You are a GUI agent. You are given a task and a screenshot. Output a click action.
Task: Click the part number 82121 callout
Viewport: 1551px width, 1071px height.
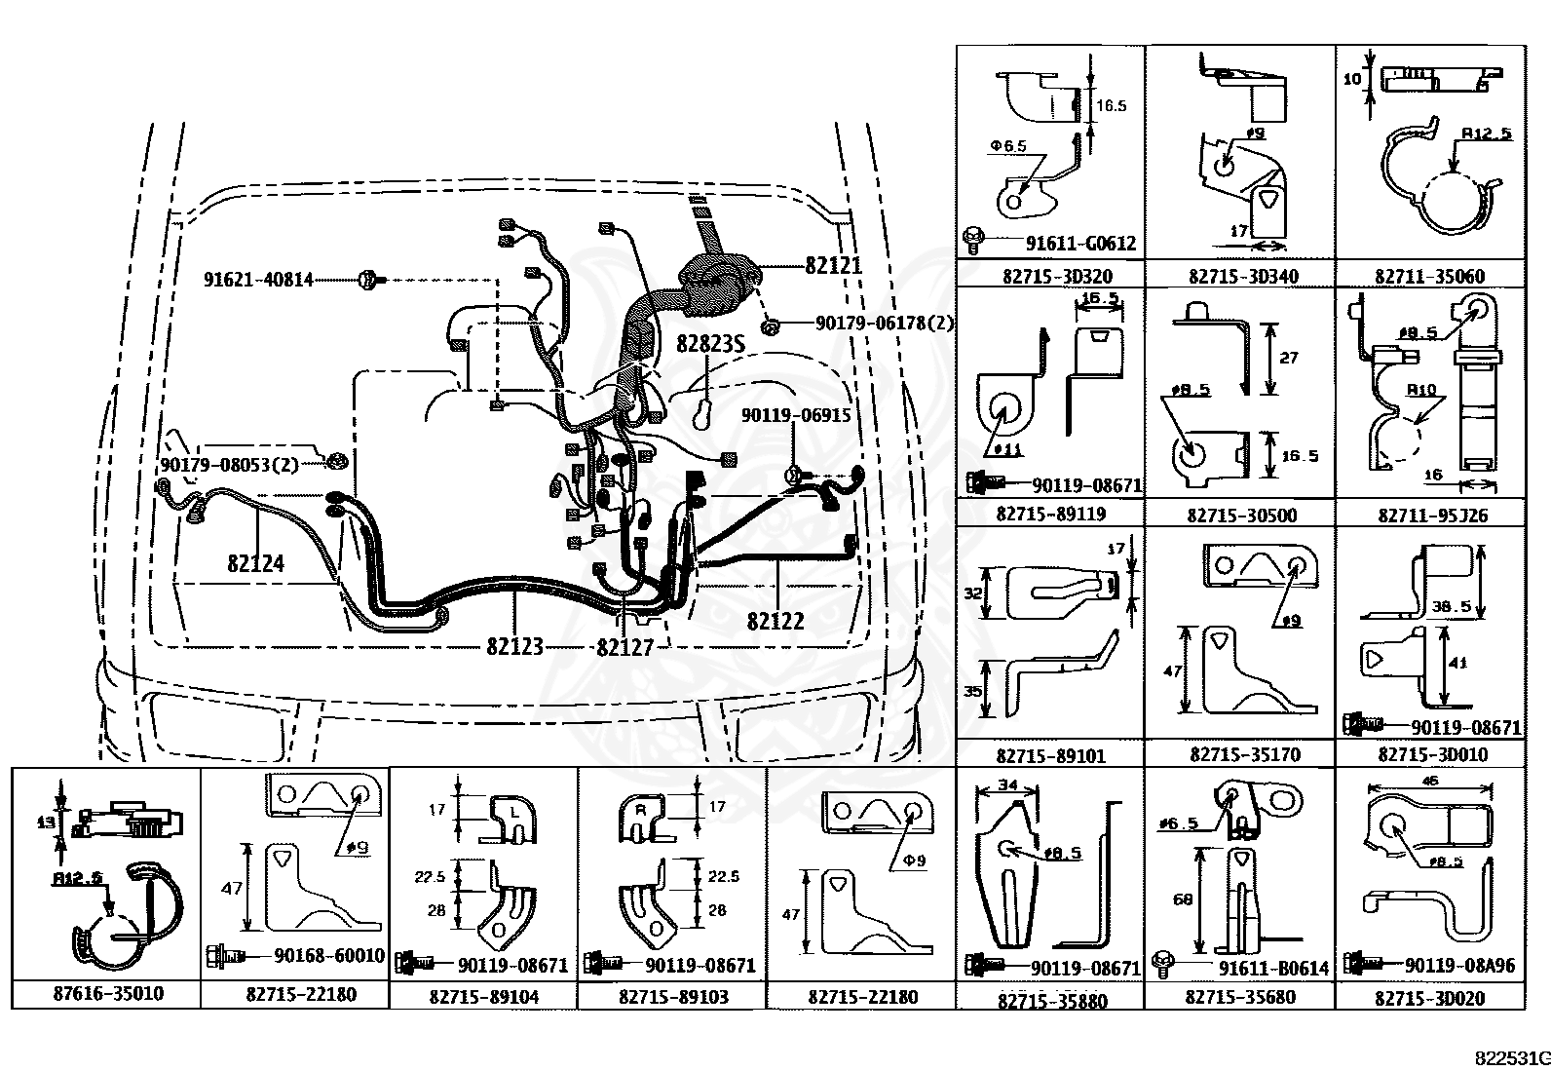(x=833, y=264)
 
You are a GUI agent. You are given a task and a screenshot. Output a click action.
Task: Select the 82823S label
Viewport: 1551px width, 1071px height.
(x=712, y=343)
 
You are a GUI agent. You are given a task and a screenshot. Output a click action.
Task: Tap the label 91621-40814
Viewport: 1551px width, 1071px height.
(x=258, y=280)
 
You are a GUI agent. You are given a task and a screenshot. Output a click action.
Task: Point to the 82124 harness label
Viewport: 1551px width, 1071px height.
(x=255, y=563)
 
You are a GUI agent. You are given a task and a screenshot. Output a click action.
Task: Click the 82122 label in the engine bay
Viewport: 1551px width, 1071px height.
(x=775, y=620)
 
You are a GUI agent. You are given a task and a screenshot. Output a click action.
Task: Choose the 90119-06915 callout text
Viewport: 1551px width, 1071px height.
(x=795, y=415)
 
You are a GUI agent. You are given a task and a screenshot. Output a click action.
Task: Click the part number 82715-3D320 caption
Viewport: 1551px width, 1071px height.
(x=1049, y=276)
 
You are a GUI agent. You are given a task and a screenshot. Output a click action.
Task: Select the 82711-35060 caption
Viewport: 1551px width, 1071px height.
(x=1429, y=276)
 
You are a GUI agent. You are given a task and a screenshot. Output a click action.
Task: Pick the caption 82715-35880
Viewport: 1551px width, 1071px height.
(x=1051, y=1000)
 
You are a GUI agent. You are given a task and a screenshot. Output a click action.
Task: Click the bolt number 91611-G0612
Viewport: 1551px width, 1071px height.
(x=1080, y=243)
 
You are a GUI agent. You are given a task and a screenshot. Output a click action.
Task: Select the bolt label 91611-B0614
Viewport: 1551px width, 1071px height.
(x=1273, y=968)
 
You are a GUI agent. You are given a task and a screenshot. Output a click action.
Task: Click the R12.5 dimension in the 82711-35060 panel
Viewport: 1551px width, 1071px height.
(x=1486, y=133)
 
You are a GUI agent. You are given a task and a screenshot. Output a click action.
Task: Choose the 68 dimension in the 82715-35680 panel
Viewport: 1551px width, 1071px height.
(x=1183, y=899)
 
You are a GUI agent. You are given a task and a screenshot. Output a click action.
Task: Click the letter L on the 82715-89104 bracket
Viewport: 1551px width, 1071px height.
(x=513, y=810)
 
